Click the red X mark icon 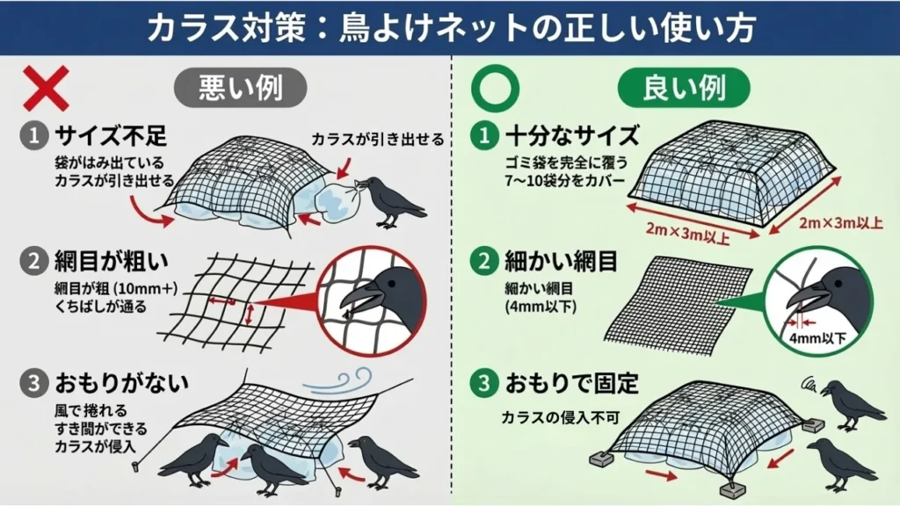(46, 88)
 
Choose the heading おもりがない (122, 384)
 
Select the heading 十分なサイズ (572, 135)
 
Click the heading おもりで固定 (572, 384)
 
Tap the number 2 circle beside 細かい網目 (483, 261)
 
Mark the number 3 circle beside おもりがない (33, 384)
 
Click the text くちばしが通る (91, 307)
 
